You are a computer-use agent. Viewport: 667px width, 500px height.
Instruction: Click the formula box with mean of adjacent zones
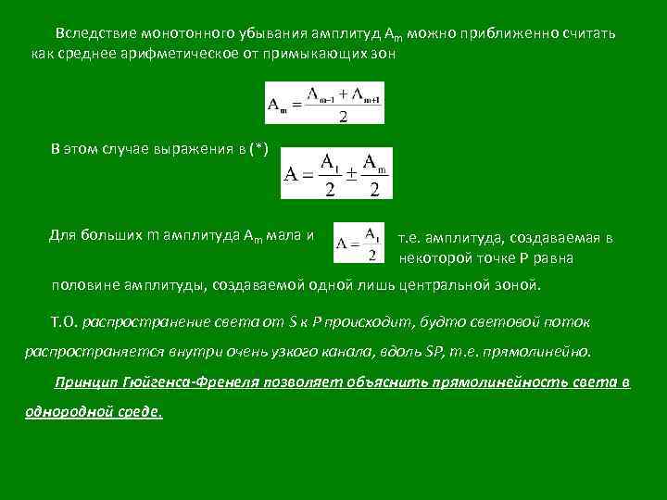324,103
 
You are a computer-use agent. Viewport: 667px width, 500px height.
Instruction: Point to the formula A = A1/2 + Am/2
336,173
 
